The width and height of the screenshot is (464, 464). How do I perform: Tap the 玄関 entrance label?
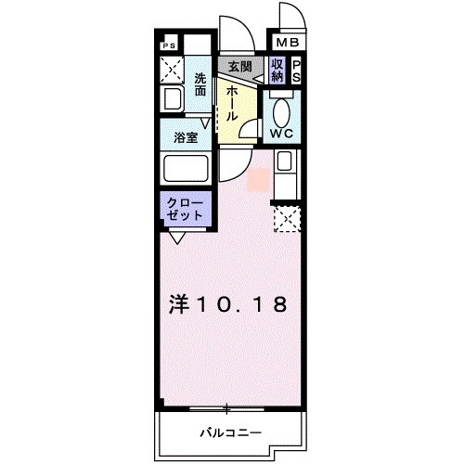coord(239,68)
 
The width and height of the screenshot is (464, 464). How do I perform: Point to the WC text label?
coord(281,134)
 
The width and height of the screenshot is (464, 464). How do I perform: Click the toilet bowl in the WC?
coord(281,109)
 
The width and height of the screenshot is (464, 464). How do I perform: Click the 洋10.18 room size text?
coord(227,303)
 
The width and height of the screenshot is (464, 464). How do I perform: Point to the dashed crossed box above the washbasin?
coord(172,69)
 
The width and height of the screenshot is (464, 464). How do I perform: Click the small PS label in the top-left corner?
coord(169,45)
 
